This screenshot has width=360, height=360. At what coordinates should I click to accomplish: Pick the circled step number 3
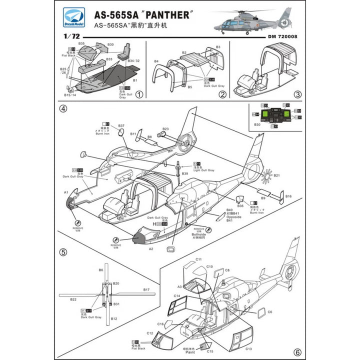[297, 93]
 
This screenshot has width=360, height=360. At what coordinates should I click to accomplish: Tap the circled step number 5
[63, 251]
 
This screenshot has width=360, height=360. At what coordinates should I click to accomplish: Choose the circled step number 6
[297, 350]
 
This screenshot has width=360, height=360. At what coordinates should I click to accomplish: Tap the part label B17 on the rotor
[146, 289]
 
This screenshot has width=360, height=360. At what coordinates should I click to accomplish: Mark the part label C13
[248, 348]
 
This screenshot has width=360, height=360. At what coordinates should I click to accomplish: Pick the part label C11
[198, 259]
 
